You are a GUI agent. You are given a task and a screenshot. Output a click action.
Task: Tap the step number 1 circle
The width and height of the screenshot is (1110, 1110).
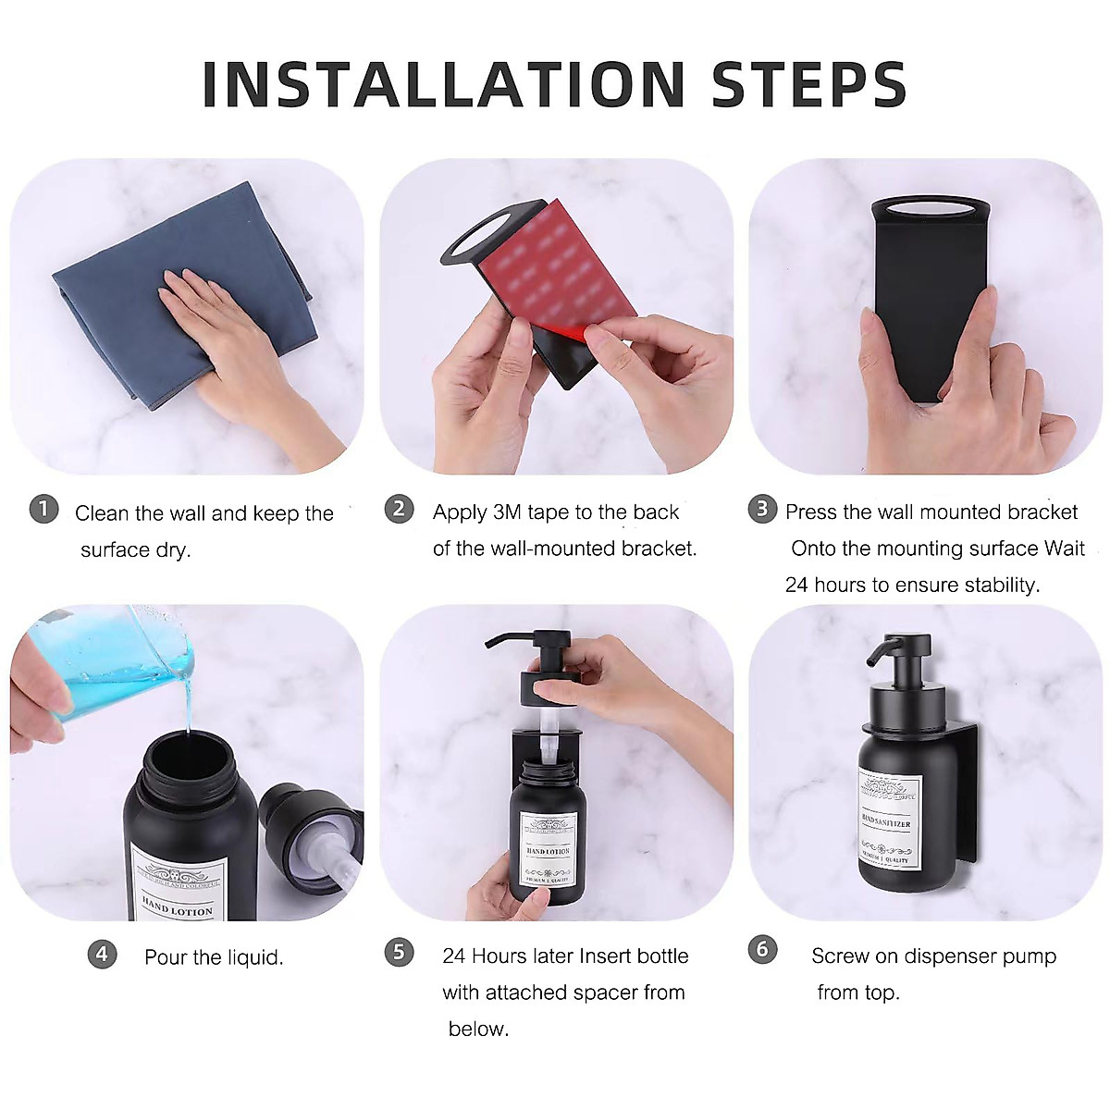point(43,509)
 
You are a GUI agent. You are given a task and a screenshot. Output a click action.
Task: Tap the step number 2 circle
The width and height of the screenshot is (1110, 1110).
point(399,509)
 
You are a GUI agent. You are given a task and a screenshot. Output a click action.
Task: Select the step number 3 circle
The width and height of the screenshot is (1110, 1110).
point(761,509)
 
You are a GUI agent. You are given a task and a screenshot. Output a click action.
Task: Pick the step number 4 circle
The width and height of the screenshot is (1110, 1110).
point(102,954)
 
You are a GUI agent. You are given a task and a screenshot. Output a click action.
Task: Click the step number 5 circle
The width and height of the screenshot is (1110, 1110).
point(399,952)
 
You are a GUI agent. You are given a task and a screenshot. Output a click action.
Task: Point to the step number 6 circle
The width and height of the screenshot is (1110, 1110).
point(761,949)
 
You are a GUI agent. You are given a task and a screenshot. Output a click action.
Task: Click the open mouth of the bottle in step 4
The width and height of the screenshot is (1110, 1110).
point(189,759)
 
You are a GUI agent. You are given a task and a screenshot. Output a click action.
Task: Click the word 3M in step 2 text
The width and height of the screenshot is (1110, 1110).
point(508,512)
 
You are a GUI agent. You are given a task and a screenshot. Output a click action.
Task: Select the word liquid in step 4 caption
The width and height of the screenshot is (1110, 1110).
point(253,957)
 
